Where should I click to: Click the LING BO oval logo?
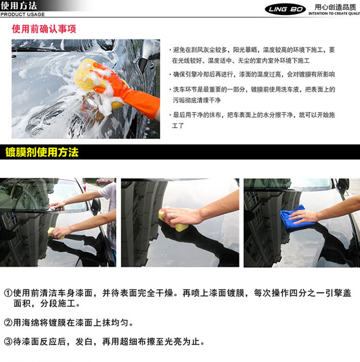pos(285,9)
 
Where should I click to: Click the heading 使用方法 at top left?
pos(19,6)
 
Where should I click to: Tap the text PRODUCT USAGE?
pos(23,14)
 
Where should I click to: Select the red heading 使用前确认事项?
pos(44,29)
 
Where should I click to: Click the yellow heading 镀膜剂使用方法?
pos(42,152)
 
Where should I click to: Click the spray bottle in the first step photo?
pos(57,209)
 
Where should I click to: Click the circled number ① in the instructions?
pos(8,293)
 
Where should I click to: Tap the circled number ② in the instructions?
pos(8,323)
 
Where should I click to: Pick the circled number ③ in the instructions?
pos(8,341)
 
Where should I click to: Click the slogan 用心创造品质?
pos(336,7)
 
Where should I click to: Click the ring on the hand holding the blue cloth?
pos(300,217)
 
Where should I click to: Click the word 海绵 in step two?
pos(31,323)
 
